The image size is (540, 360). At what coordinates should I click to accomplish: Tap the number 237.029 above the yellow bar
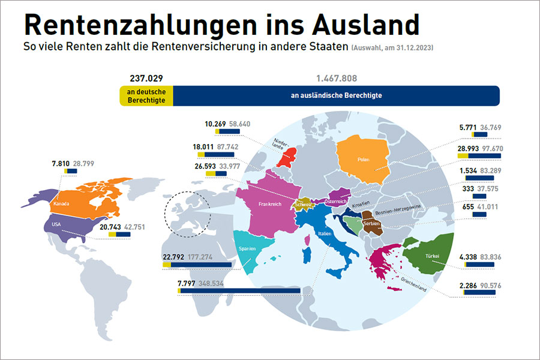146,78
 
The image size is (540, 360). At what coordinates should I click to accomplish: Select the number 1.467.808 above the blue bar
337,78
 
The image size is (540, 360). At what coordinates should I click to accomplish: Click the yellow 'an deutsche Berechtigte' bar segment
146,95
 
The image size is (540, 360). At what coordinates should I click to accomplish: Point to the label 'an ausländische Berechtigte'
336,95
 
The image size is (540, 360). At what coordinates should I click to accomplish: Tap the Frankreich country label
269,204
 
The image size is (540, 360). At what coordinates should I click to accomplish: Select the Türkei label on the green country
433,256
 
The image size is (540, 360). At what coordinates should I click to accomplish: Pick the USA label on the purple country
57,224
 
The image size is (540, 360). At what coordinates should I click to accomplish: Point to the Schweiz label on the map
302,205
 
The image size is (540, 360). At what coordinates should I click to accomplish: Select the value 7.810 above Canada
62,163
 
